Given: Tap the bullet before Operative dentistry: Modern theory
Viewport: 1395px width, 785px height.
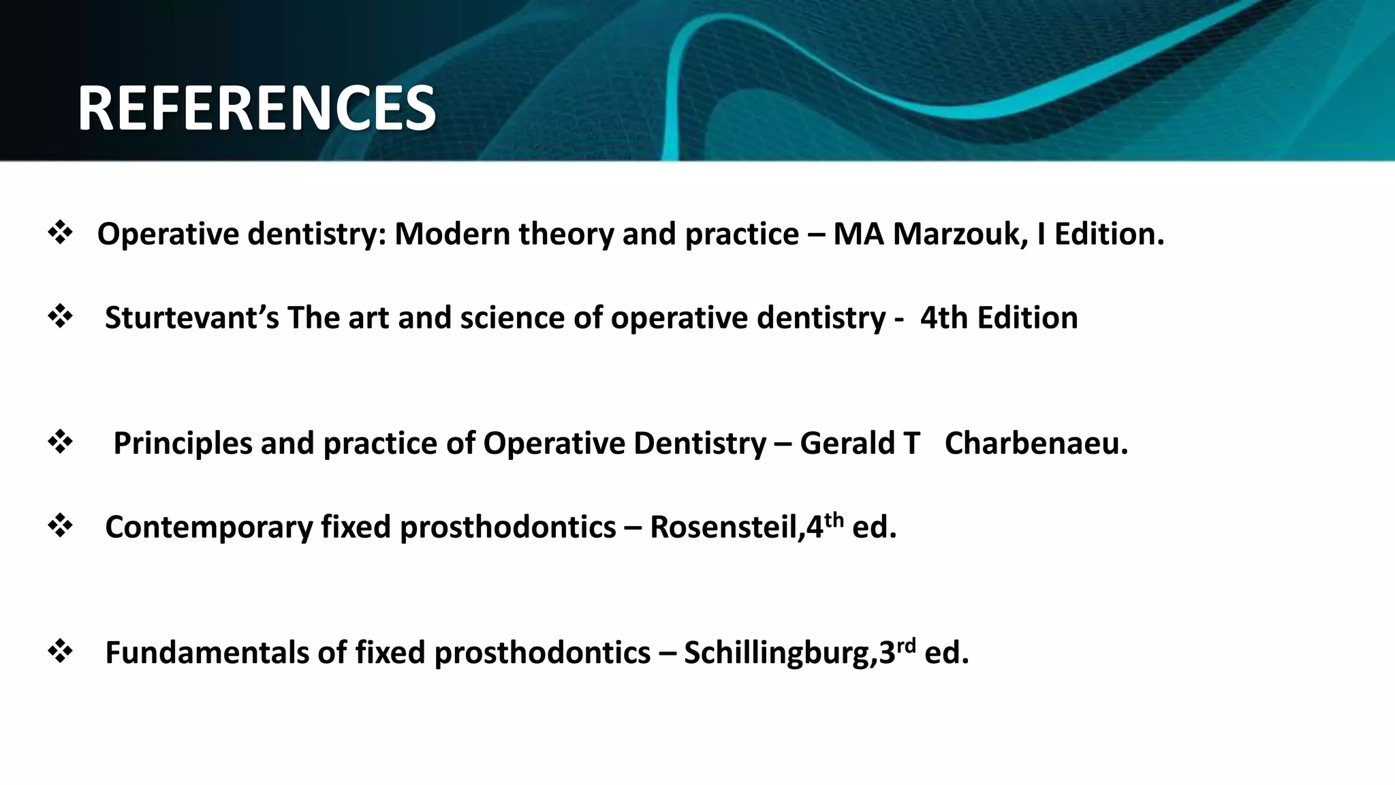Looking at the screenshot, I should coord(61,234).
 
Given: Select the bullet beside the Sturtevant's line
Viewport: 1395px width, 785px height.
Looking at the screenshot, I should coord(61,318).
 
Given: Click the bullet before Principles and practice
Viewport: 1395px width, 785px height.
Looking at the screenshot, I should coord(61,443).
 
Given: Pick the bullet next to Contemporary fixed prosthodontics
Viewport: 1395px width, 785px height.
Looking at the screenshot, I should coord(61,527).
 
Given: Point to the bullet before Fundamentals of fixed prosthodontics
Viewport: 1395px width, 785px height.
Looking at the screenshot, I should coord(61,652).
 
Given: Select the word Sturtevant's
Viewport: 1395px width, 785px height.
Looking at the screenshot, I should coord(191,318).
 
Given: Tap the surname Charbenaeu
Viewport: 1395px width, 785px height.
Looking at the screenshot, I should coord(1036,444).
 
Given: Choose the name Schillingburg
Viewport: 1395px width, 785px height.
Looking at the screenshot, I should coord(780,653).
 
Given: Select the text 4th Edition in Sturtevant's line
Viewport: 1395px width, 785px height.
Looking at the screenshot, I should coord(999,318).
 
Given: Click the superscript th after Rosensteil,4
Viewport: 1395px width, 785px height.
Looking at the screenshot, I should coord(834,520).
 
